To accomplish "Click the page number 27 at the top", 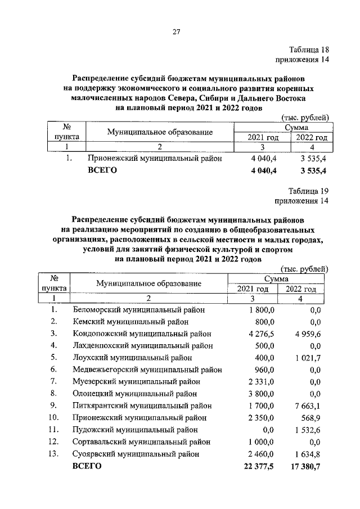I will (175, 32).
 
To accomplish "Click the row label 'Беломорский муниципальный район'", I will (139, 309).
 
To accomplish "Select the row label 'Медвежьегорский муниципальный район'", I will (147, 370).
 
